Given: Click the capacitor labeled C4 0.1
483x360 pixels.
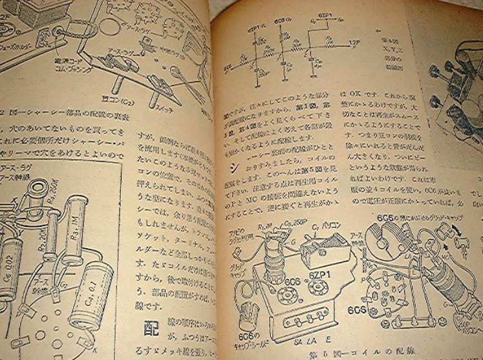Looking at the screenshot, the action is [x=92, y=303].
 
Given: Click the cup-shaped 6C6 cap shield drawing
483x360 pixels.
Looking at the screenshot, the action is [x=249, y=315].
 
